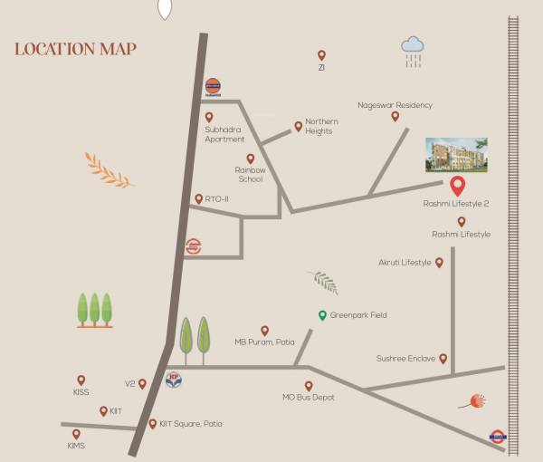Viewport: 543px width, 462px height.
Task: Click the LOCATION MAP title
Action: (x=75, y=49)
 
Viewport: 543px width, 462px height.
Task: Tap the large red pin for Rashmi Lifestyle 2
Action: (x=458, y=186)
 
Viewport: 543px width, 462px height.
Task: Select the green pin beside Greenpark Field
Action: (x=321, y=314)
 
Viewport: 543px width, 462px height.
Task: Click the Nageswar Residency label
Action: (x=395, y=105)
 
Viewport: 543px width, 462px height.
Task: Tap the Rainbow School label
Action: (x=249, y=174)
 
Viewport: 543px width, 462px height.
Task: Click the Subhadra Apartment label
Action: (x=224, y=134)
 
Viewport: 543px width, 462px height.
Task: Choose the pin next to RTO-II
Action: (x=198, y=198)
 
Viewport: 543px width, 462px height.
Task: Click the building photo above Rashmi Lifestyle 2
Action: (x=457, y=155)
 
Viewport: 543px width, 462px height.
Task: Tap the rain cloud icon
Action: (x=414, y=49)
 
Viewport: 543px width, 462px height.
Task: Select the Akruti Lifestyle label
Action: (x=405, y=263)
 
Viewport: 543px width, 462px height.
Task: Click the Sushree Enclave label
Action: (x=405, y=359)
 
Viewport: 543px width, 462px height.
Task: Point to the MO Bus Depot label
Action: (x=309, y=398)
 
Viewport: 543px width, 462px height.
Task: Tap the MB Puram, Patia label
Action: (x=264, y=342)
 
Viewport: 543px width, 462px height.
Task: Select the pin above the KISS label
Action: (x=81, y=380)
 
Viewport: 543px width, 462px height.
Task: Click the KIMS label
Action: (x=76, y=446)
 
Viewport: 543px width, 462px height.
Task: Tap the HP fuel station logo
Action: (x=175, y=380)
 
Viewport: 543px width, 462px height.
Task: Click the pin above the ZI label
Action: (x=321, y=54)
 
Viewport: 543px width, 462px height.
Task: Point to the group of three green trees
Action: (x=94, y=310)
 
